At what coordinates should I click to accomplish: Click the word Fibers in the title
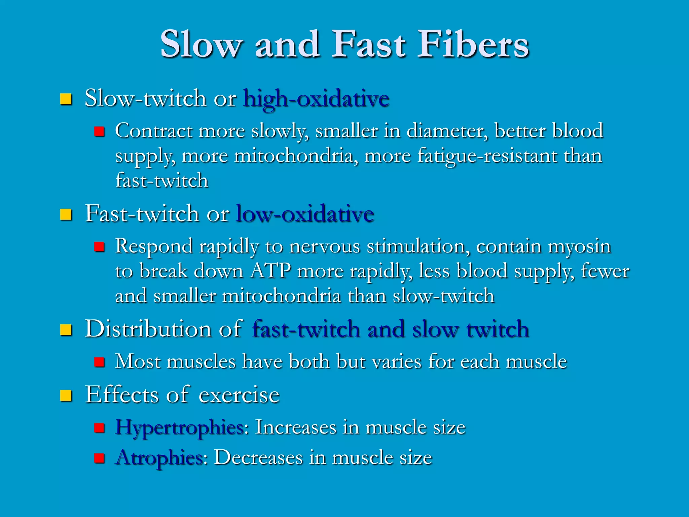click(473, 44)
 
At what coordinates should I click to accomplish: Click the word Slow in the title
click(201, 44)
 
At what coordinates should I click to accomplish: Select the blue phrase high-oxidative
click(316, 99)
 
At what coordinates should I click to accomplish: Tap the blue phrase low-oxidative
click(305, 214)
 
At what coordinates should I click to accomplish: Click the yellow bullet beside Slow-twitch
click(66, 99)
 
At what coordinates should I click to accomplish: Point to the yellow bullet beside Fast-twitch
click(66, 214)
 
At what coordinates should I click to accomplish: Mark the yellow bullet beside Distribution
click(66, 330)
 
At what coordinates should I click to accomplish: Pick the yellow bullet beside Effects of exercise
click(66, 395)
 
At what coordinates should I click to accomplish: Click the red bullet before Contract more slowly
click(99, 131)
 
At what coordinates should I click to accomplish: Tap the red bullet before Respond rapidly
click(99, 247)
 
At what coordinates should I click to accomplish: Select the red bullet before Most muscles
click(99, 362)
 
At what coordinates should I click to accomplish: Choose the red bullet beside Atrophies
click(99, 458)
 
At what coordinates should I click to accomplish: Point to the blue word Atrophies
click(159, 458)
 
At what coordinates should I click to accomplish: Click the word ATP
click(270, 271)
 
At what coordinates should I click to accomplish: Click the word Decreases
click(258, 458)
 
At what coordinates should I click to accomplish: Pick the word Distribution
click(148, 329)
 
